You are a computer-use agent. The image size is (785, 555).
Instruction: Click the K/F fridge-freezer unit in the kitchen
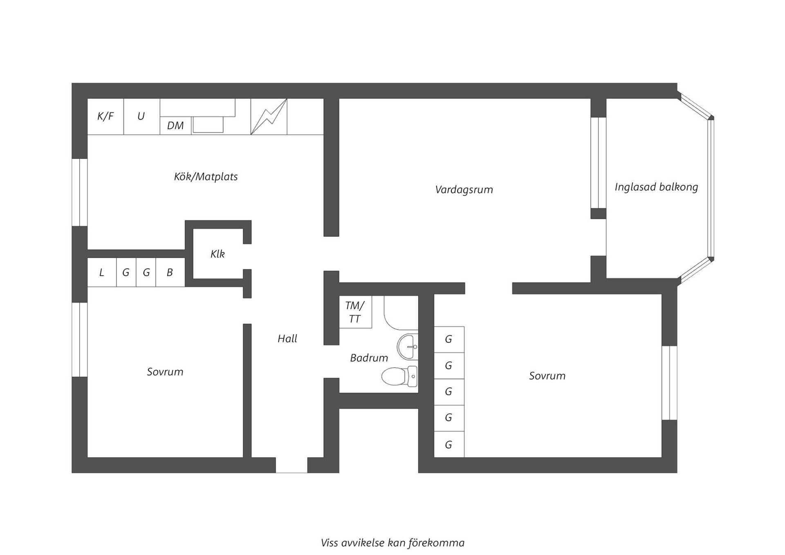[x=105, y=117]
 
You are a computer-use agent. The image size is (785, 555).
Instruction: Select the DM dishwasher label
[x=175, y=126]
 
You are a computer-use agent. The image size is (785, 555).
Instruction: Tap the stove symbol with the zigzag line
[x=269, y=117]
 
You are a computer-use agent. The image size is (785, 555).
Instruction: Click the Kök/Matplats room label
[x=206, y=177]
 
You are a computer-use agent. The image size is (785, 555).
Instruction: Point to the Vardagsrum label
[x=464, y=190]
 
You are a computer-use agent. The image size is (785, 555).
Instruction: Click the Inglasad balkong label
[x=656, y=187]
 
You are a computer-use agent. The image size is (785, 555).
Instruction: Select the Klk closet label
[x=218, y=254]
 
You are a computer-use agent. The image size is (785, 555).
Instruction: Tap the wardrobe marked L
[x=102, y=272]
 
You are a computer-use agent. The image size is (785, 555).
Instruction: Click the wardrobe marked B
[x=170, y=272]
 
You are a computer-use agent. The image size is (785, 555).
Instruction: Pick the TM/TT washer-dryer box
[x=355, y=312]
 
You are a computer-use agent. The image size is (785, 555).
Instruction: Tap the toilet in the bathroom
[x=399, y=376]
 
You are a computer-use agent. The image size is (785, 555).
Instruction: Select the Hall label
[x=287, y=339]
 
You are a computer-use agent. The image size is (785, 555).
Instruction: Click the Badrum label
[x=369, y=358]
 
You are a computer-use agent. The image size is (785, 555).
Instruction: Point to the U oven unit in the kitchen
[x=141, y=117]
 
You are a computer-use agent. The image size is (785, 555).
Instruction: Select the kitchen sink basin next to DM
[x=208, y=124]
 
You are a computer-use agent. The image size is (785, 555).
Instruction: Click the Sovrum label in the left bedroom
[x=165, y=372]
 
